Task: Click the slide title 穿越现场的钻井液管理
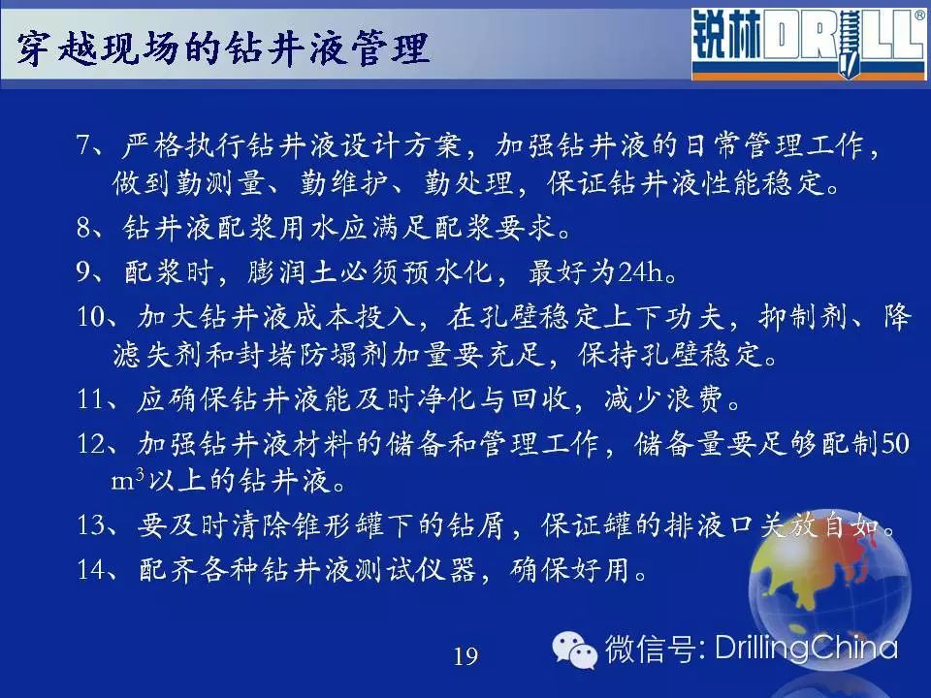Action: tap(222, 48)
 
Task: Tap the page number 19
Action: tap(465, 656)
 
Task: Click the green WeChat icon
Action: tap(573, 650)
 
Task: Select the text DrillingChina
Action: tap(806, 648)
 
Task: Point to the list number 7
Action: tap(83, 145)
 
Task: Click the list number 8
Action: tap(83, 227)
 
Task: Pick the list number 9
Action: tap(83, 271)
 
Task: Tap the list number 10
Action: tap(91, 317)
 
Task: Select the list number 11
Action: tap(91, 398)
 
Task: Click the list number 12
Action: tap(91, 443)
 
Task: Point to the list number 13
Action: tap(91, 525)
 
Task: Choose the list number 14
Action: tap(91, 570)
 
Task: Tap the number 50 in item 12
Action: tap(895, 444)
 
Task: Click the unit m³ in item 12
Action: tap(128, 480)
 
